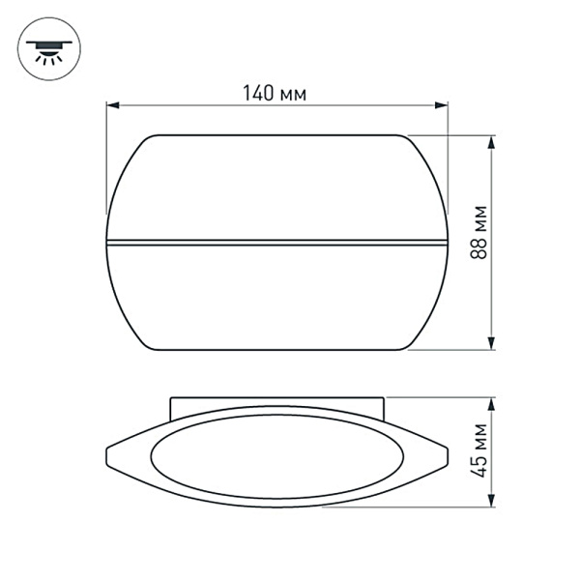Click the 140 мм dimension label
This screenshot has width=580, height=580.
[275, 93]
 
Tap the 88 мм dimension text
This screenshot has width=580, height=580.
[478, 234]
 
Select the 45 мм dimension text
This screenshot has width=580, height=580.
[478, 451]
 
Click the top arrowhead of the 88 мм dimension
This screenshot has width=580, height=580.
[493, 141]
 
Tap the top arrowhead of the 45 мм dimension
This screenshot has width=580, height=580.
[493, 402]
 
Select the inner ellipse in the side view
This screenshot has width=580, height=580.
[277, 454]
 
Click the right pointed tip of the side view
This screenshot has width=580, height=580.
[448, 451]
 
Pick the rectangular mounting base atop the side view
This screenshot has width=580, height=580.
[277, 403]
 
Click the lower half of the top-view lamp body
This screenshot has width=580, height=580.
[277, 295]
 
